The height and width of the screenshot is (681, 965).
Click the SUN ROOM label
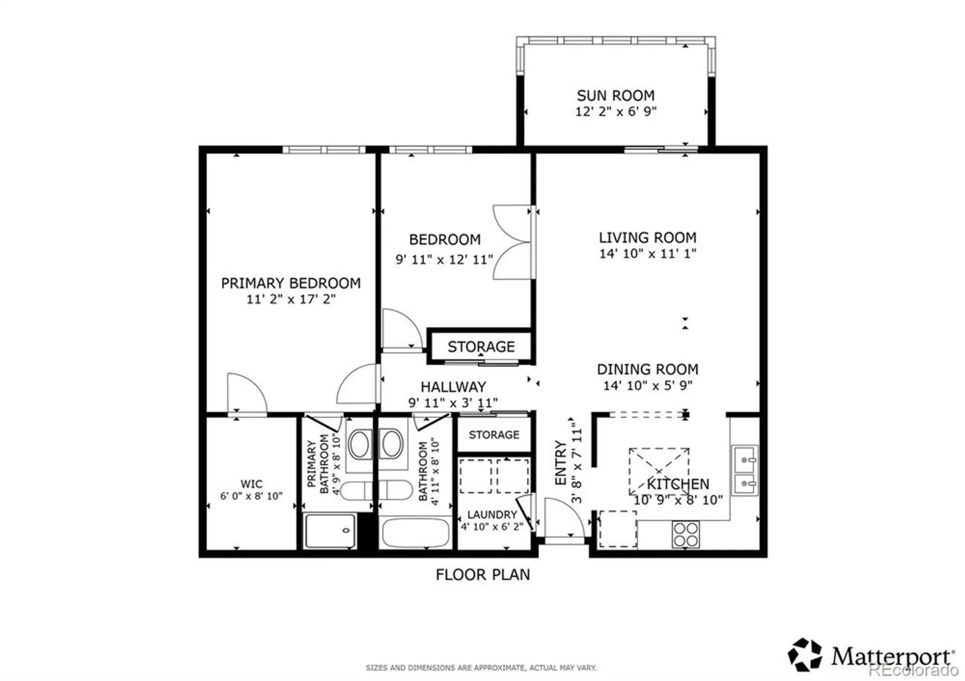pos(616,95)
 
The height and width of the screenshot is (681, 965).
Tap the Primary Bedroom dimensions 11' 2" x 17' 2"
pos(290,300)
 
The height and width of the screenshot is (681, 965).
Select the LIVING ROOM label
pos(648,238)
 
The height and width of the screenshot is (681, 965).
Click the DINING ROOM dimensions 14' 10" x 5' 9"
pos(648,385)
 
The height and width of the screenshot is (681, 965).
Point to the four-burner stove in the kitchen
pos(686,534)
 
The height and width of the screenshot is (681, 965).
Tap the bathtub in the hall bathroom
pos(415,533)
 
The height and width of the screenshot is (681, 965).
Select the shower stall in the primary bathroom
pos(331,531)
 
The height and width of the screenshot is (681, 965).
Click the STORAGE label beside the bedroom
pos(481,347)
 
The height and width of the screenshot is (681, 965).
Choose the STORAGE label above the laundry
pos(494,435)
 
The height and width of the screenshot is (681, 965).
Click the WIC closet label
pos(251,484)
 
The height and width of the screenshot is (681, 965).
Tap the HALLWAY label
pos(453,387)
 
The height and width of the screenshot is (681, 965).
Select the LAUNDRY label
pos(492,515)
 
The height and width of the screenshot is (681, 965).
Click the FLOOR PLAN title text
pos(482,575)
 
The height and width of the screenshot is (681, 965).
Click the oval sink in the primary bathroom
pos(359,444)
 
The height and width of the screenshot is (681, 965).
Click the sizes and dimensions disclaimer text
pos(481,668)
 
